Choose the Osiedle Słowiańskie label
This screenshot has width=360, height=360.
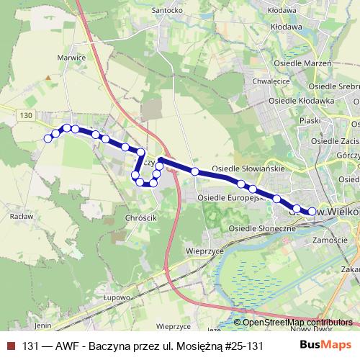click(x=250, y=168)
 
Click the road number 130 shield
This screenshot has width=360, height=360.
click(x=27, y=115)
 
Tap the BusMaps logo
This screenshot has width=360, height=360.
click(x=328, y=345)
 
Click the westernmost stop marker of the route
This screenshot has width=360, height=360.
click(x=48, y=138)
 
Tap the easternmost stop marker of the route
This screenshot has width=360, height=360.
click(x=312, y=211)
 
